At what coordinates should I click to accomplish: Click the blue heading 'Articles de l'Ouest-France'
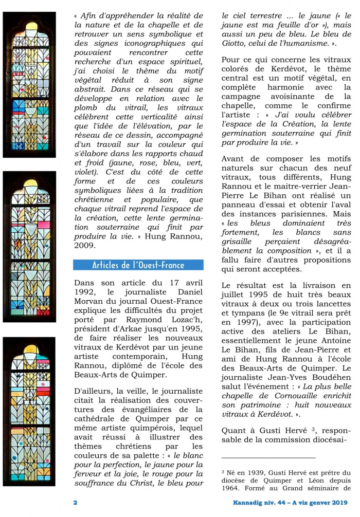coord(138,265)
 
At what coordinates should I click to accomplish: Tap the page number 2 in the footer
coord(75,502)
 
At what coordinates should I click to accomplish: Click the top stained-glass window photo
coord(29,85)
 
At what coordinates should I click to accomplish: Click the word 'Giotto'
coord(235,44)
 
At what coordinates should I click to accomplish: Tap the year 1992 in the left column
coord(85,292)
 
